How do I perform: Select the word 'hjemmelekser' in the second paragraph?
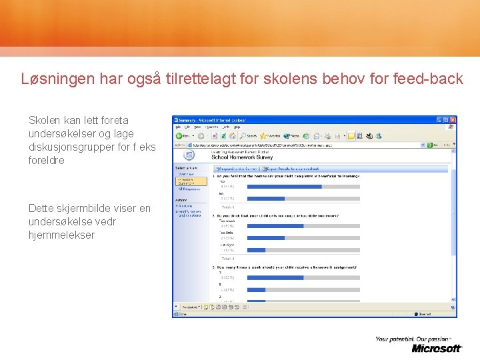(61, 235)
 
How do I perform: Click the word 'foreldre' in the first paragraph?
(47, 160)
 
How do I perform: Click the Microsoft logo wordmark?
(436, 348)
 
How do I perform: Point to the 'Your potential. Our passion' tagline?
(413, 339)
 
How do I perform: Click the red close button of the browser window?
(453, 120)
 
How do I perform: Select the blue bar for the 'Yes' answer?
(284, 187)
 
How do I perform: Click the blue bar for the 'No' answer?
(265, 199)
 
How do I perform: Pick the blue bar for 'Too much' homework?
(275, 226)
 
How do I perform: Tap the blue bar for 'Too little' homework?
(265, 238)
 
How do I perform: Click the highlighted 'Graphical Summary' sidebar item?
(186, 181)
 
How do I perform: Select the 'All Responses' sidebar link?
(189, 189)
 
